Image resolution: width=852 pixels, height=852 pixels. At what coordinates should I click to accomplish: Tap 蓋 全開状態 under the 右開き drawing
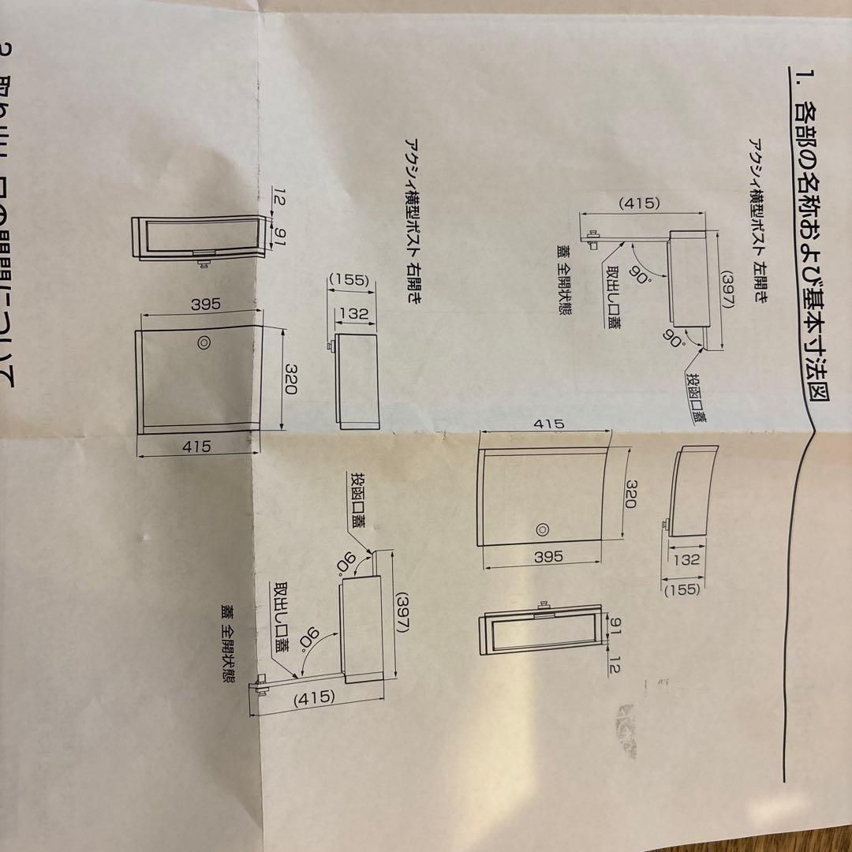pyautogui.click(x=228, y=646)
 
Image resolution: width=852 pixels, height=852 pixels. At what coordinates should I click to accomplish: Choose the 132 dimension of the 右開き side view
pyautogui.click(x=353, y=313)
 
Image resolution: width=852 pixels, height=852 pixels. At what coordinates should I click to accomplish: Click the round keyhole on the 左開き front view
pyautogui.click(x=542, y=530)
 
